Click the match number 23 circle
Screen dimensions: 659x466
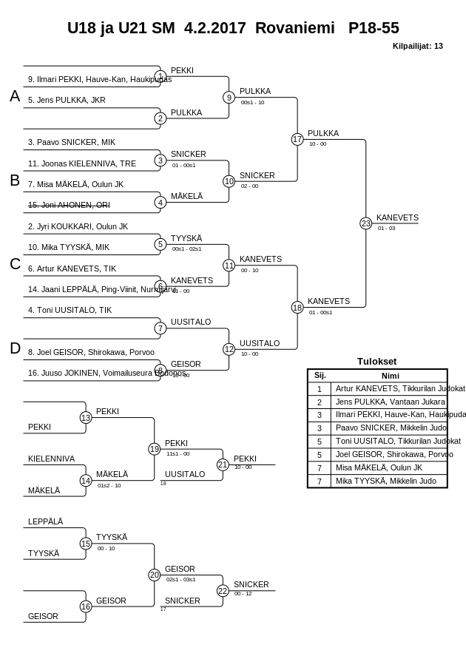pos(365,223)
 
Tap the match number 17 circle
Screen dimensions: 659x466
pos(297,139)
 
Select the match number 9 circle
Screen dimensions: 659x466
pos(229,97)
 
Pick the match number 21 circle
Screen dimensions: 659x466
pos(223,464)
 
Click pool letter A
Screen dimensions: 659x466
pos(15,96)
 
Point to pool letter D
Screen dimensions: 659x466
pos(15,348)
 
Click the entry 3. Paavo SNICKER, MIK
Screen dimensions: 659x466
pos(72,142)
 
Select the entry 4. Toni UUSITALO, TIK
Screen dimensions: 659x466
pos(70,310)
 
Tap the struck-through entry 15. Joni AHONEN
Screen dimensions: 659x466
pos(69,205)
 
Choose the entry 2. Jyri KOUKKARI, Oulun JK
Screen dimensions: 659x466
pos(78,226)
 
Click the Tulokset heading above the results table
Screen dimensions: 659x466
pos(376,362)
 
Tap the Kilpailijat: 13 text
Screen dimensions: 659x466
pos(418,46)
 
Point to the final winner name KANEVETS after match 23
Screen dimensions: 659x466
pos(397,217)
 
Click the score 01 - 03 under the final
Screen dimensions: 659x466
pos(386,229)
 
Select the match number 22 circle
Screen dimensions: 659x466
pos(223,590)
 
